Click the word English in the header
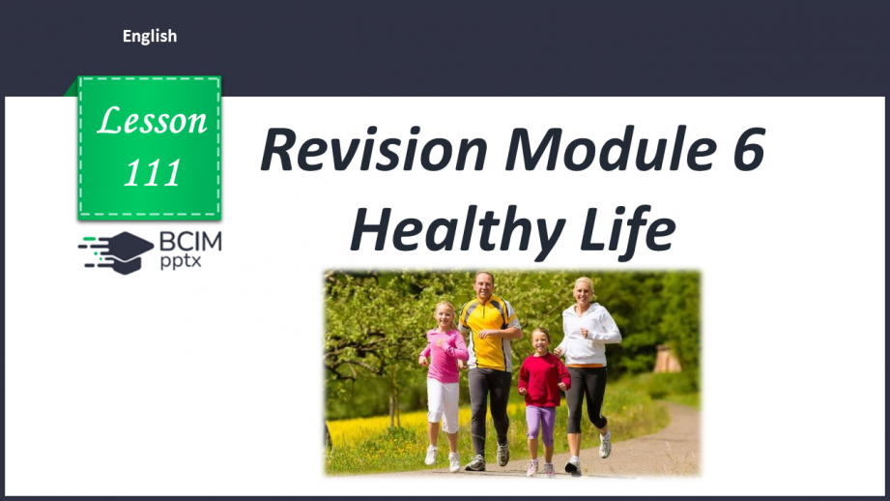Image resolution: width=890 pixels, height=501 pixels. click(150, 37)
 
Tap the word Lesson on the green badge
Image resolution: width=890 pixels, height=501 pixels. click(153, 121)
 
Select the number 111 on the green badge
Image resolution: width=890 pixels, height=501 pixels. click(153, 171)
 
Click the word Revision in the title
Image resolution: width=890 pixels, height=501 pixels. click(373, 151)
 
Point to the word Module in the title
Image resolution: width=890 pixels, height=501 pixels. click(605, 151)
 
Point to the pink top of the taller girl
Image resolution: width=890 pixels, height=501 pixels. click(444, 353)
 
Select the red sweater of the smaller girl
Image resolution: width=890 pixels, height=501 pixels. click(543, 379)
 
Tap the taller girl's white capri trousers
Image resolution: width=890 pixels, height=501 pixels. click(444, 404)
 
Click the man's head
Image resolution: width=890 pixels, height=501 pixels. click(483, 284)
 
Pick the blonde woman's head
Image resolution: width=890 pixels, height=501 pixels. click(584, 290)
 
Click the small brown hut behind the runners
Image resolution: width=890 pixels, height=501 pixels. click(666, 359)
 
